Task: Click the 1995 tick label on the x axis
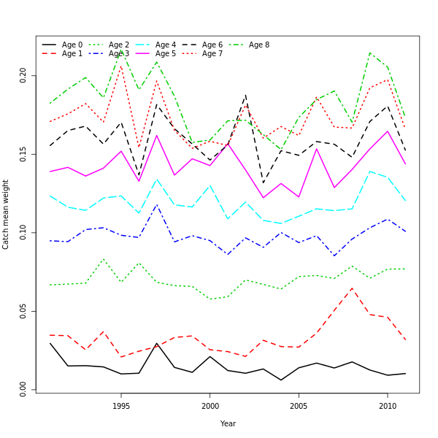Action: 121,406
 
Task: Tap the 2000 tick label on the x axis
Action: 210,406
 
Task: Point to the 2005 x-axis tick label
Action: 299,406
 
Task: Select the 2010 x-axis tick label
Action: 387,406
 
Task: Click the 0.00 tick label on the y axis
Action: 23,389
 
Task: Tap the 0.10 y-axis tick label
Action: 23,233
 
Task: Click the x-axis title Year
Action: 228,423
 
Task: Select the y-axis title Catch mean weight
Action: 6,215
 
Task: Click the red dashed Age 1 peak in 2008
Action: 352,288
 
